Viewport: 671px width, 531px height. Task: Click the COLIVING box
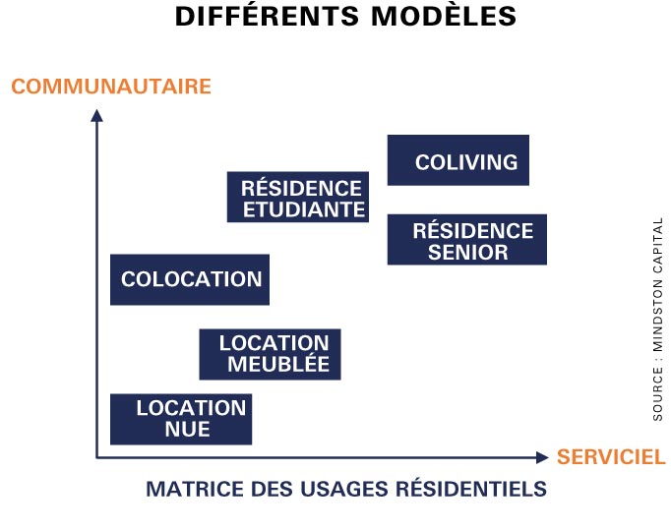point(458,160)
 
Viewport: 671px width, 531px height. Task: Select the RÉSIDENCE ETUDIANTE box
point(298,197)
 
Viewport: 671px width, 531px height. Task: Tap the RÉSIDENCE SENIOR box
point(467,240)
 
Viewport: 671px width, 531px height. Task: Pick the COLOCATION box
point(190,279)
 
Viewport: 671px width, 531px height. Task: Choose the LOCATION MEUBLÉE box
point(270,354)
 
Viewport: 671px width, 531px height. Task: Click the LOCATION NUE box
point(181,420)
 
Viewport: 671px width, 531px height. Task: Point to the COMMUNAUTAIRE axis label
point(111,87)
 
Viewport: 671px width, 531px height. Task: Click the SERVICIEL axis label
point(611,457)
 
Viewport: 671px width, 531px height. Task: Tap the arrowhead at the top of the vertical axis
point(96,115)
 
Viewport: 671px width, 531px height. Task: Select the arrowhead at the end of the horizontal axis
point(542,457)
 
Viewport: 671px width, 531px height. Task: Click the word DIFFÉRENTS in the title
point(267,17)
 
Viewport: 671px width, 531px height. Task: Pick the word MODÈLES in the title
point(444,17)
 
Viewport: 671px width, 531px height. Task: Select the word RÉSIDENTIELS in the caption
point(471,489)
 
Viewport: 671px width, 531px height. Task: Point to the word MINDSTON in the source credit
point(658,316)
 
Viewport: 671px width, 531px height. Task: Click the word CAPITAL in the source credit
point(658,246)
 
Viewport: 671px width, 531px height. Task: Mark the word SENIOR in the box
point(468,252)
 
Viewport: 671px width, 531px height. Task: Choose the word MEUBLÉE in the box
point(278,364)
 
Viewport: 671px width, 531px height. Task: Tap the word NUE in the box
point(188,430)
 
